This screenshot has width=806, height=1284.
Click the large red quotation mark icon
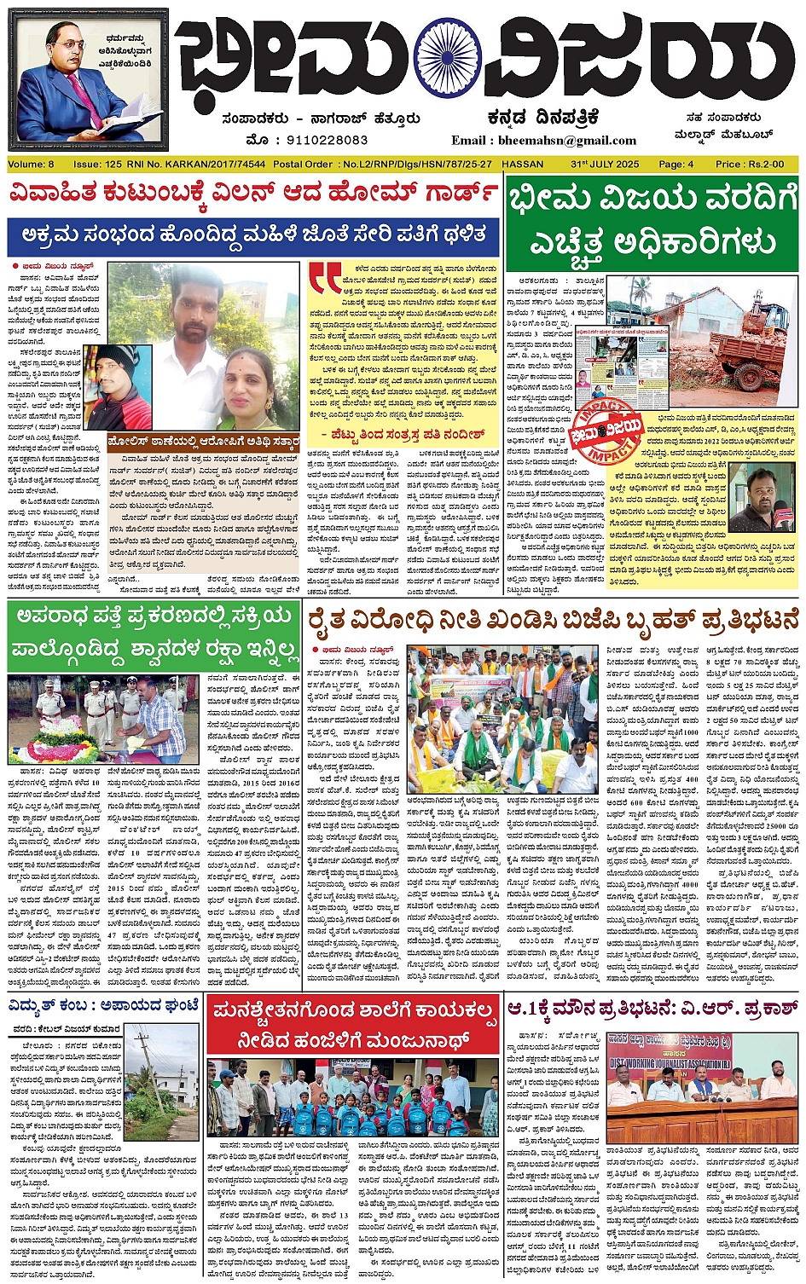pos(325,278)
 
